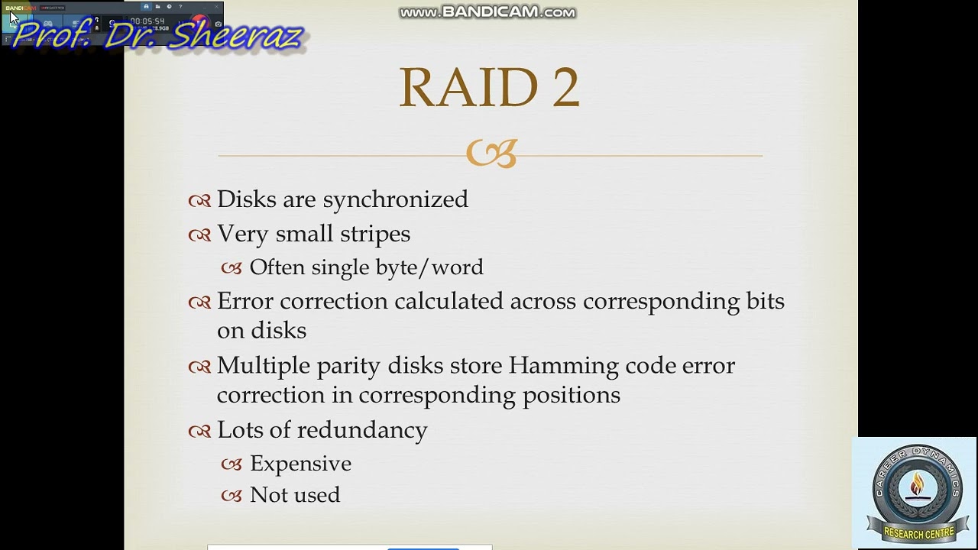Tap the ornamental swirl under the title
491,154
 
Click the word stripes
375,234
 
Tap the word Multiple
260,366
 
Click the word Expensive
300,464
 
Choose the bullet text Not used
295,495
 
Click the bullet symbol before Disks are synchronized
199,201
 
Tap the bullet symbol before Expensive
232,464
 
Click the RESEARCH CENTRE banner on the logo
918,533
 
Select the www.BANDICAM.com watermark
487,12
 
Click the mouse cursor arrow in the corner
13,17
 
